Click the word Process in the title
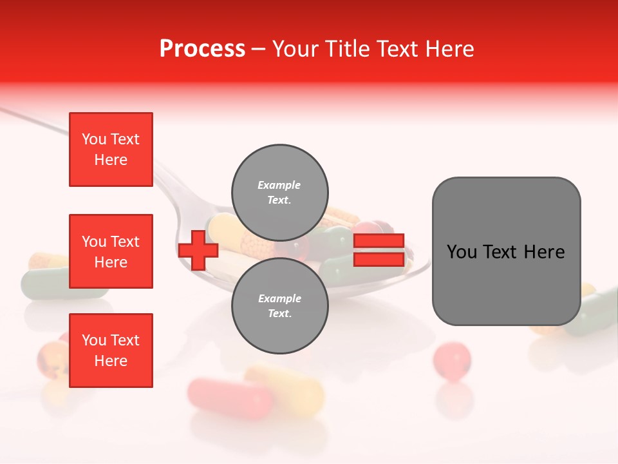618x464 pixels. (202, 49)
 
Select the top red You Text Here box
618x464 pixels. (111, 150)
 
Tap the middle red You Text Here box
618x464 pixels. (111, 251)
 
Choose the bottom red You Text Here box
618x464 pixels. (111, 351)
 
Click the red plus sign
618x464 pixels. (198, 250)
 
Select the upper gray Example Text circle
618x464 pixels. (279, 192)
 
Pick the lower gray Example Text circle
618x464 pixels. (279, 305)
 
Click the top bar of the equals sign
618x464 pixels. (379, 240)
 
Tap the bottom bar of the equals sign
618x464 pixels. (379, 259)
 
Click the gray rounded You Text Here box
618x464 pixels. (506, 251)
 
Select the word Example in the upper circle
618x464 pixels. (279, 185)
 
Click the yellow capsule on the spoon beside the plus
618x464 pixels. (222, 227)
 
